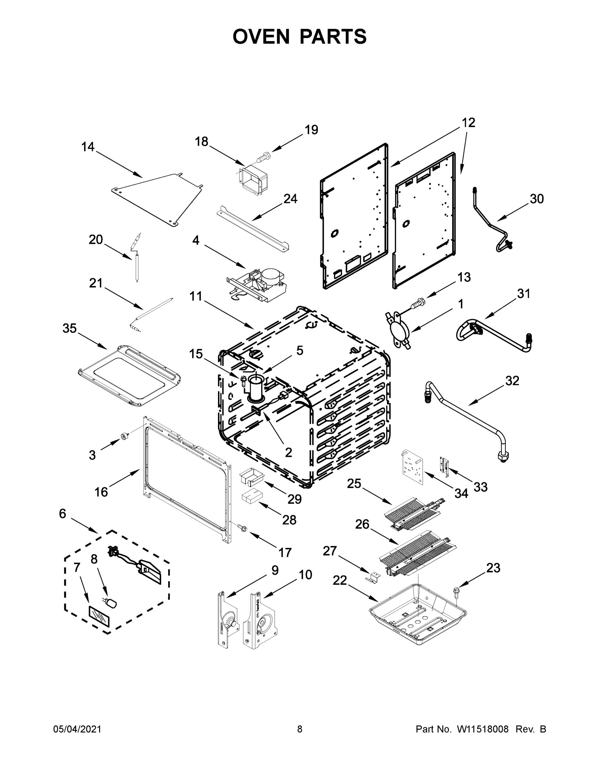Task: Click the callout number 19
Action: click(x=311, y=130)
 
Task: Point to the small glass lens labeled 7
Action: click(x=99, y=617)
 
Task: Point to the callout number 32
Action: click(x=512, y=381)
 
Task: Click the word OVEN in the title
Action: click(x=261, y=36)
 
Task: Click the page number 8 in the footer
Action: click(x=300, y=729)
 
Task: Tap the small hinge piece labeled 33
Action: click(x=444, y=466)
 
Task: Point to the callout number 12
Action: click(x=469, y=123)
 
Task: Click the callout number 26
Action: click(x=362, y=524)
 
